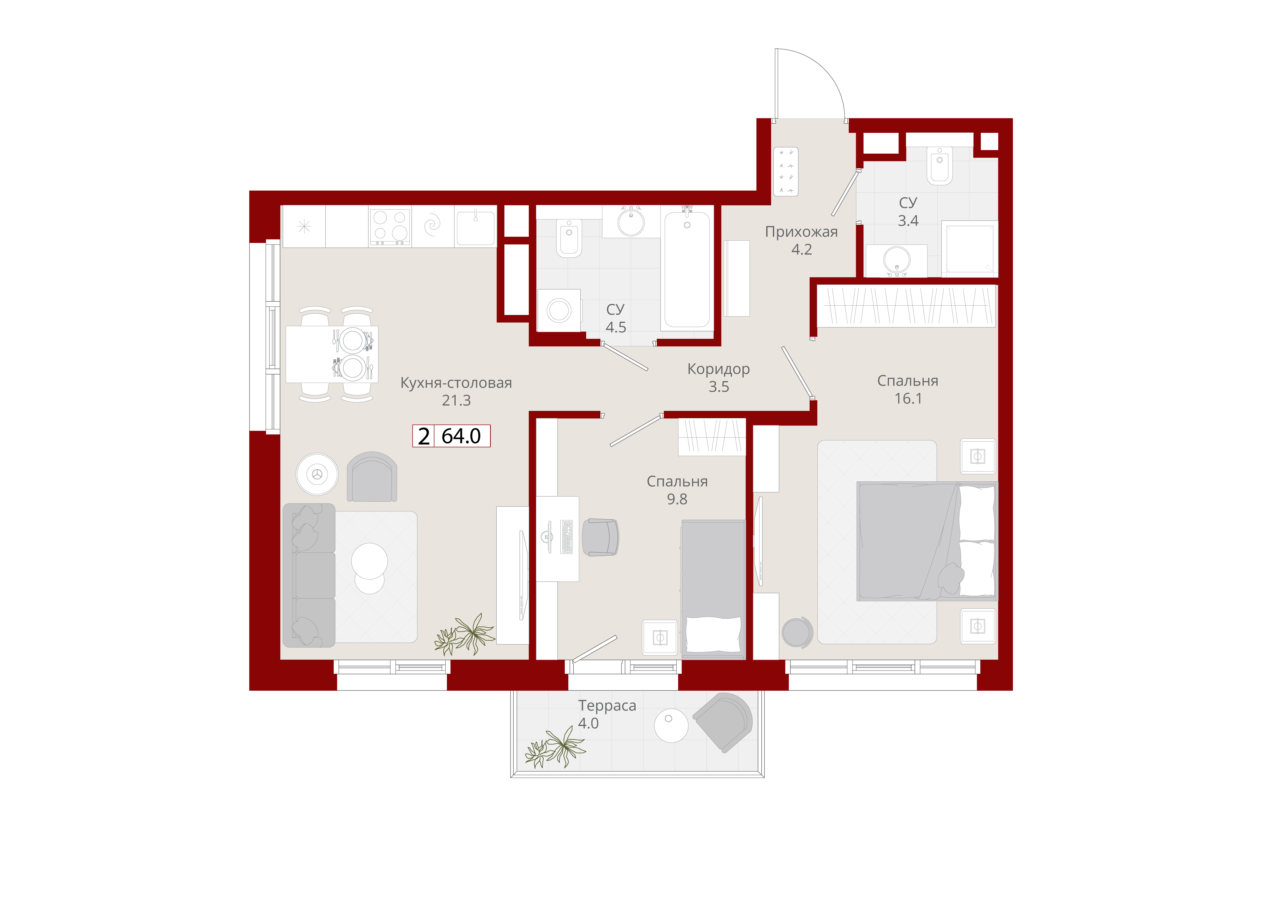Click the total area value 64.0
pyautogui.click(x=461, y=436)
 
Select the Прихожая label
pyautogui.click(x=801, y=232)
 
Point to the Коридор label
pyautogui.click(x=718, y=369)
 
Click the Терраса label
pyautogui.click(x=607, y=706)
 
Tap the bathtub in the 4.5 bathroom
pyautogui.click(x=687, y=269)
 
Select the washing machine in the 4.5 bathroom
pyautogui.click(x=559, y=310)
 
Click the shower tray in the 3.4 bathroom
pyautogui.click(x=970, y=249)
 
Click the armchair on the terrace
pyautogui.click(x=723, y=722)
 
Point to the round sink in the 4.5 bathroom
pyautogui.click(x=631, y=222)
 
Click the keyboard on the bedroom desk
pyautogui.click(x=567, y=537)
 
